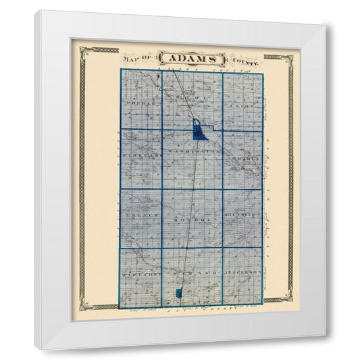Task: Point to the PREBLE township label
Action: tap(134, 106)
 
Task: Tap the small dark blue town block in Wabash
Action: tap(178, 293)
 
